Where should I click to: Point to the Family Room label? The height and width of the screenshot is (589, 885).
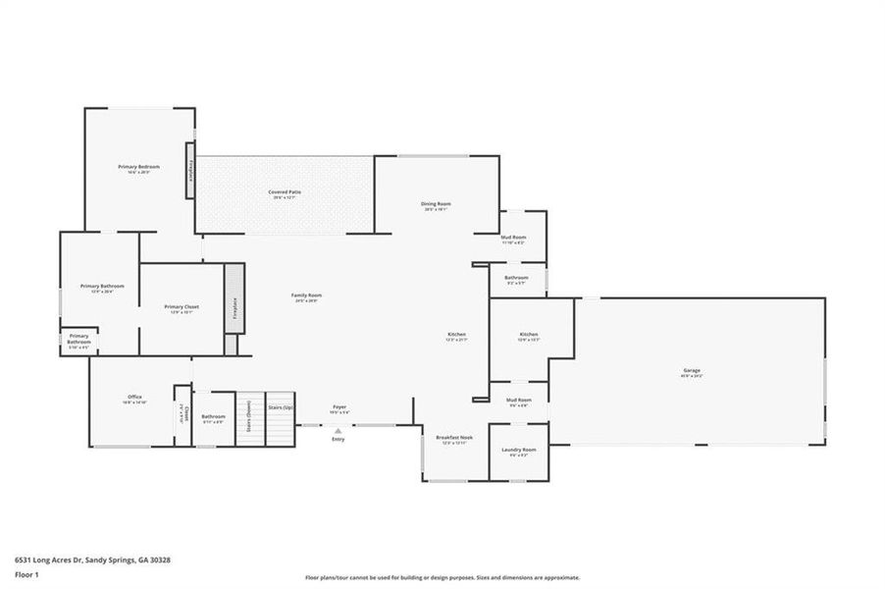pos(306,296)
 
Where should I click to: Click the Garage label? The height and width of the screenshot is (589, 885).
pos(692,372)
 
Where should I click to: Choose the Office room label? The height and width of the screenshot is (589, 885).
pos(134,398)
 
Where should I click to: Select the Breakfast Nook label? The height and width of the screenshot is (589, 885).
pos(454,439)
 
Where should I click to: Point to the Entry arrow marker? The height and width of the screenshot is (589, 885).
pos(338,429)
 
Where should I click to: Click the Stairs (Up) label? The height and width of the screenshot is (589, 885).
pos(282,406)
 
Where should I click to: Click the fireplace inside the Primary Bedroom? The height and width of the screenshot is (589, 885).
pos(189,169)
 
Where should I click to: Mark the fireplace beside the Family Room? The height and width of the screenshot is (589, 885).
pos(234,308)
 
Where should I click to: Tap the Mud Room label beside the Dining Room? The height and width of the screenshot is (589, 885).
pos(514,239)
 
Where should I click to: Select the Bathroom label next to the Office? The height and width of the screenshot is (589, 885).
pos(213,417)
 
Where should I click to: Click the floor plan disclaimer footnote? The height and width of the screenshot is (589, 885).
pos(442,578)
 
